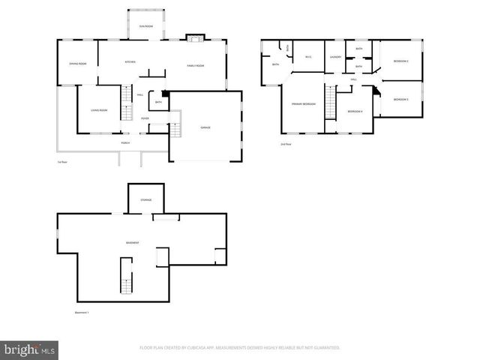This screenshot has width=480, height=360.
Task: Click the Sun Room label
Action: [x=145, y=26]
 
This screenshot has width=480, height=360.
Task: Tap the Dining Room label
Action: [x=78, y=64]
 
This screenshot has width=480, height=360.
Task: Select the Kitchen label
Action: [x=130, y=61]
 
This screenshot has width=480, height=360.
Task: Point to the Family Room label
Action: [x=196, y=66]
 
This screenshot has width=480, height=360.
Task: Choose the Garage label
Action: [x=205, y=127]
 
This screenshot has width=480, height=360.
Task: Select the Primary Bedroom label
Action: [x=304, y=103]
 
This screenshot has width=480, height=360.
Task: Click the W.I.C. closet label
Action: [x=308, y=57]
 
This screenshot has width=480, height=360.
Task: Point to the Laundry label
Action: [x=335, y=57]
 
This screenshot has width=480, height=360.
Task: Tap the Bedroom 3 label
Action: [x=400, y=99]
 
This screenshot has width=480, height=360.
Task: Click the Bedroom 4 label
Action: [x=355, y=111]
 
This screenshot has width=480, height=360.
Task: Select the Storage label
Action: [x=145, y=200]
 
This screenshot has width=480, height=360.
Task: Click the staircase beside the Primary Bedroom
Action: [x=329, y=102]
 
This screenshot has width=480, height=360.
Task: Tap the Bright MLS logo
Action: [x=30, y=349]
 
